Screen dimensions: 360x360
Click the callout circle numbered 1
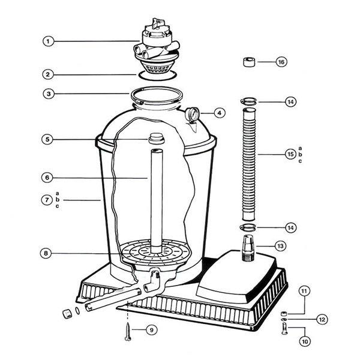pos(48,41)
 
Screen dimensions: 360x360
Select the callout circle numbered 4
pos(220,113)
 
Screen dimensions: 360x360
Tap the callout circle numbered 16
pos(281,62)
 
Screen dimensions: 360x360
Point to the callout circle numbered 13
pos(280,246)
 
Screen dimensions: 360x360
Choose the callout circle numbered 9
pos(151,330)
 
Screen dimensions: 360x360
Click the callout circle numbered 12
pos(322,319)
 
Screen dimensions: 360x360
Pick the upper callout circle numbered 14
pos(290,102)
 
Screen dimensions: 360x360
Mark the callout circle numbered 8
pos(46,253)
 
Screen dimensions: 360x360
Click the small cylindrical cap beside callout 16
pos(249,62)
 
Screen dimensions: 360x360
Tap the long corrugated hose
pos(249,164)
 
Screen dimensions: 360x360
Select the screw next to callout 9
pos(128,332)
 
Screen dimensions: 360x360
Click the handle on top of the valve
pos(158,23)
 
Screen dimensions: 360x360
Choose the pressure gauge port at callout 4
pos(192,114)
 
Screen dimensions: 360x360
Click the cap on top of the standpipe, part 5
pos(157,139)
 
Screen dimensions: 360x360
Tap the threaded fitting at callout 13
pos(248,248)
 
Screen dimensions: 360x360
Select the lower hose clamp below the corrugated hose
pos(248,228)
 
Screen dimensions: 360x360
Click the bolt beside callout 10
pos(284,329)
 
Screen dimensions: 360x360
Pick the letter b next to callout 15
pos(300,155)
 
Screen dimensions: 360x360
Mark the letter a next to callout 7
pos(57,194)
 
